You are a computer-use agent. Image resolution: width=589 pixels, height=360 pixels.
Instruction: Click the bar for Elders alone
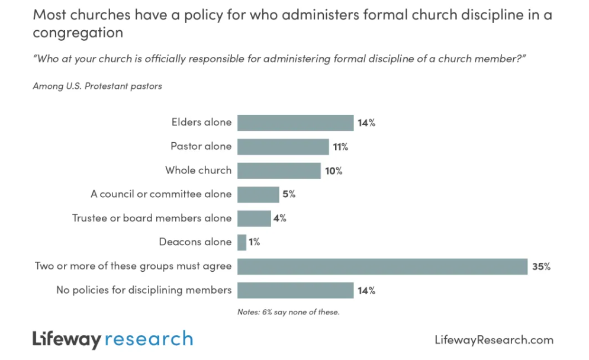(295, 123)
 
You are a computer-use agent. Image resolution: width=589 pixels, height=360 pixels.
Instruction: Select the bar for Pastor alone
(283, 147)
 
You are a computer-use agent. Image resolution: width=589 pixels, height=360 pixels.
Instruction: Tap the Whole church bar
(279, 171)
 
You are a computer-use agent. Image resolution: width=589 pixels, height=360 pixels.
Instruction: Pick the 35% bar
(382, 266)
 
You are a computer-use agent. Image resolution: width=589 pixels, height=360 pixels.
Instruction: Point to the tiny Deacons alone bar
(242, 242)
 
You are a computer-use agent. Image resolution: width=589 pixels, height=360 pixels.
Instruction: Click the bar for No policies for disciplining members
(295, 290)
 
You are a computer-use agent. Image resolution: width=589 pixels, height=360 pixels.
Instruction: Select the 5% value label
(289, 194)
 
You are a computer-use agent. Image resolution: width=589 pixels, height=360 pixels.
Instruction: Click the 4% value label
(280, 218)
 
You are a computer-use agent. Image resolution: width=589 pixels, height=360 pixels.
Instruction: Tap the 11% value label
(340, 147)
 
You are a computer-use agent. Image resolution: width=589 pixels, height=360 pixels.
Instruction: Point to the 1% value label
(254, 242)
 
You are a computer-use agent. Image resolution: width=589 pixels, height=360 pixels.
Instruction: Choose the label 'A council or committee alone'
(161, 194)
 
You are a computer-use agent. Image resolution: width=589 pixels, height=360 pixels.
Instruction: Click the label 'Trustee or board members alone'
(152, 218)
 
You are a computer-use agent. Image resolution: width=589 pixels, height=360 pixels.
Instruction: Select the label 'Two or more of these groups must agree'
(133, 266)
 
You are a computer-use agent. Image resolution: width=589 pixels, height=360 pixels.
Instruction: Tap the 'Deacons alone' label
(195, 242)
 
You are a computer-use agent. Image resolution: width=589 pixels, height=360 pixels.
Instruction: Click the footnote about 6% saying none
(288, 312)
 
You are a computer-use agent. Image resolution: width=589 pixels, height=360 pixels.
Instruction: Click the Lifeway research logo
(112, 339)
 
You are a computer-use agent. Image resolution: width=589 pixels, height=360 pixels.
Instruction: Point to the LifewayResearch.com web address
(494, 340)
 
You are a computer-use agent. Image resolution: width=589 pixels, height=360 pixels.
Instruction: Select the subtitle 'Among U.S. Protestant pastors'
(98, 86)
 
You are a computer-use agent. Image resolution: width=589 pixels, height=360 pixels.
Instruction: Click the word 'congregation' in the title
(78, 33)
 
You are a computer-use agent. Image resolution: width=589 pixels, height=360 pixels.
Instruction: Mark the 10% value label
(333, 171)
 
